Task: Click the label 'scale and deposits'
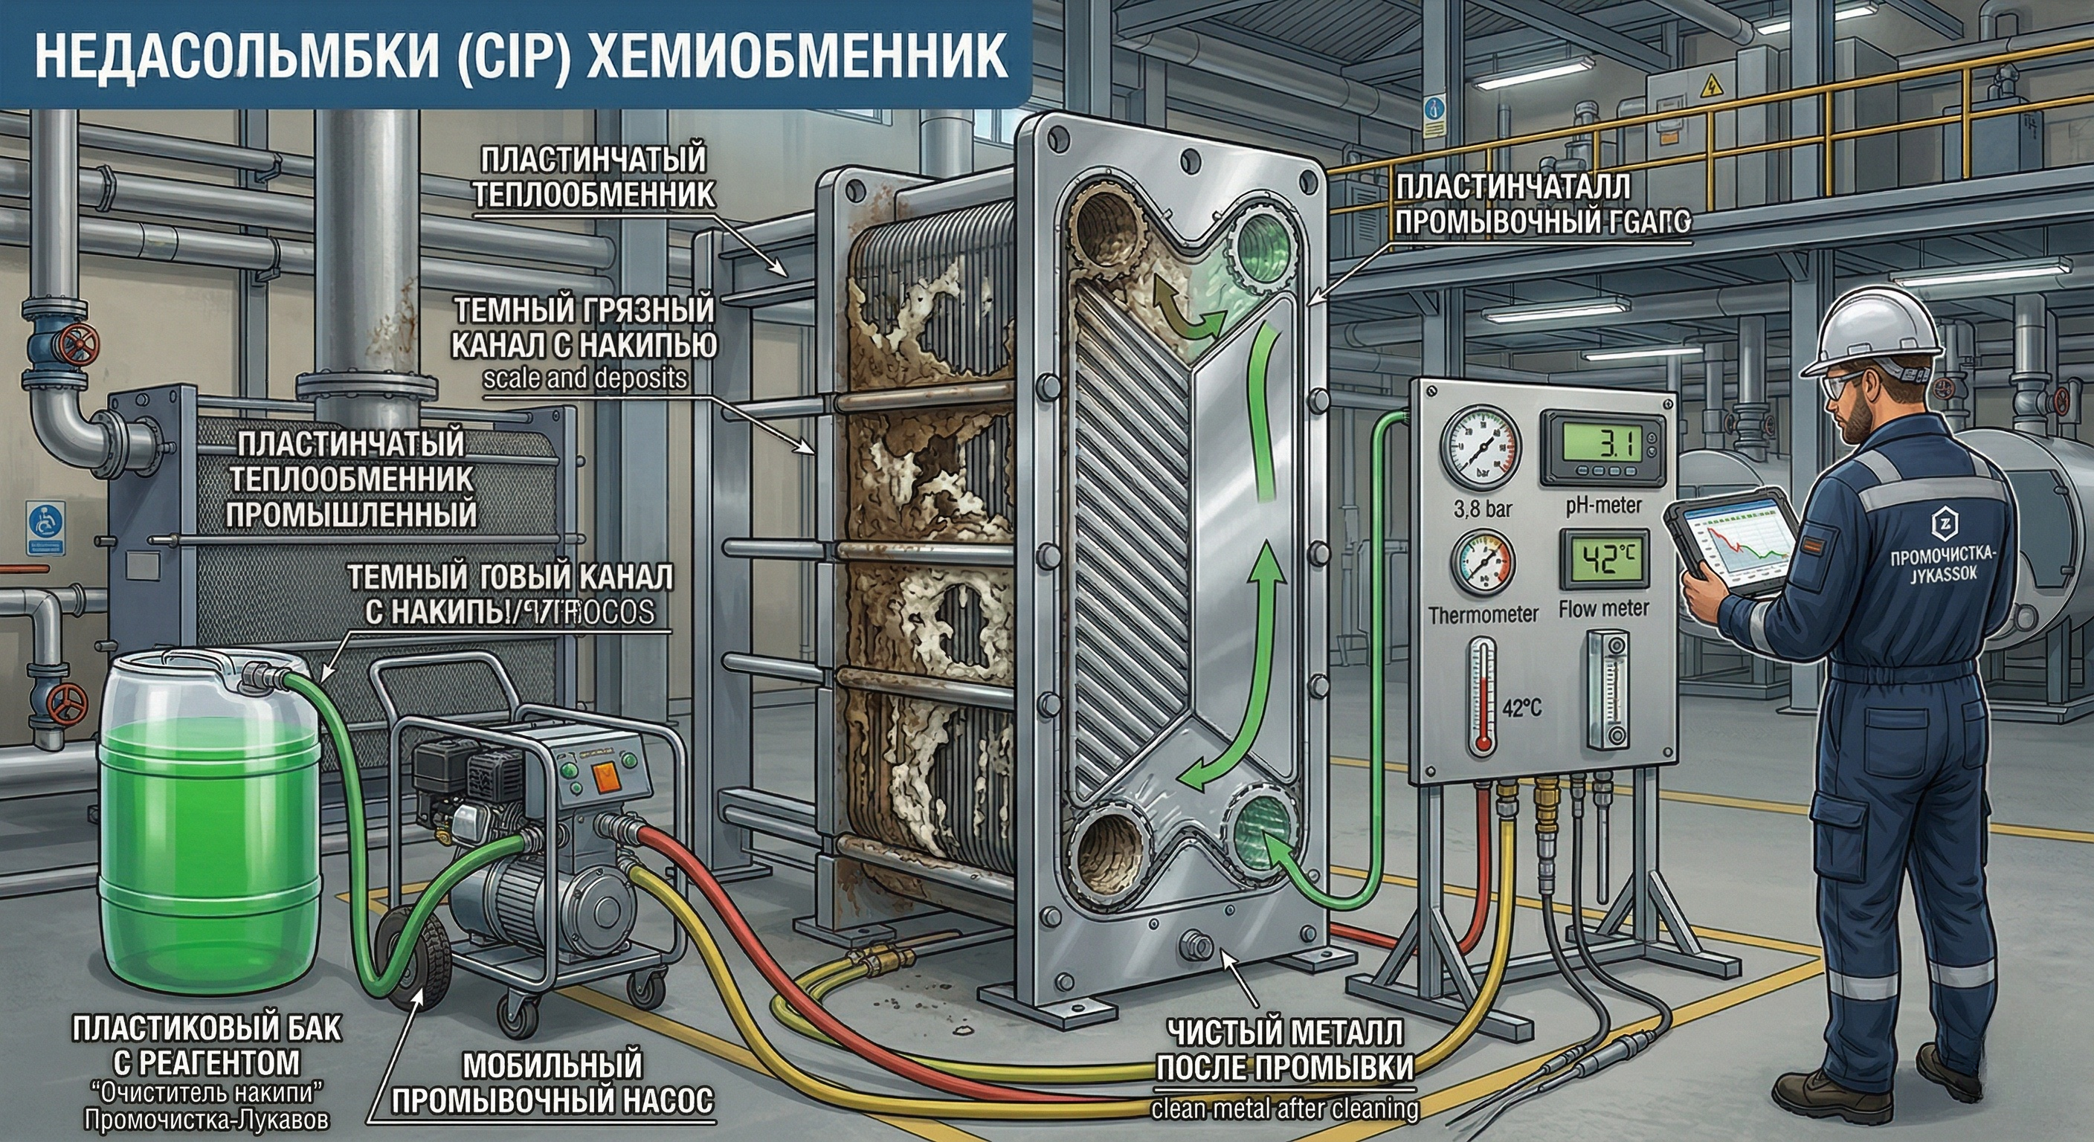click(x=584, y=378)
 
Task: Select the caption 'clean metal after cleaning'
click(x=1285, y=1109)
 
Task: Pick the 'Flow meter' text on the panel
click(x=1604, y=609)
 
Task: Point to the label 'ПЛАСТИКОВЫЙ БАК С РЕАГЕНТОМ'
click(x=207, y=1045)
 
